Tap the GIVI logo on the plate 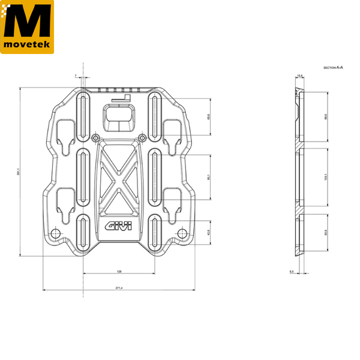(119, 227)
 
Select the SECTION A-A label (333, 68)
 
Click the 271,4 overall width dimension (119, 289)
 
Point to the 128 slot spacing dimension (119, 272)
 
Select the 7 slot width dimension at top (76, 76)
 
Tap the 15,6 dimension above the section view (299, 76)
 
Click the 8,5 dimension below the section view (292, 272)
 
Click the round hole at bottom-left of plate (56, 233)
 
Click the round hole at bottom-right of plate (181, 233)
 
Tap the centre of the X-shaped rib (119, 179)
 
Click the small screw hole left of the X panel (95, 138)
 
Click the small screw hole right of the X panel (142, 138)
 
